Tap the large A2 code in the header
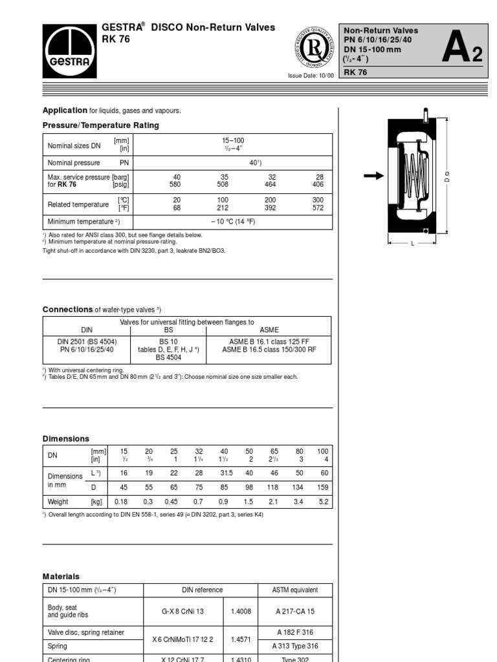pos(461,51)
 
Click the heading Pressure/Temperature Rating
pos(100,125)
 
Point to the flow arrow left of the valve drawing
pos(373,175)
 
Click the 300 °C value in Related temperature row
pos(318,200)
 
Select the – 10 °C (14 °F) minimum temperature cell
pos(233,221)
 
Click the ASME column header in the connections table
pos(269,330)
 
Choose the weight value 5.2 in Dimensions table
pos(323,501)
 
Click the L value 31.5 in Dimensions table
pos(225,473)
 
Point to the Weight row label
pos(58,501)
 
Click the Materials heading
pos(61,576)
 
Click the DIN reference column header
pos(201,590)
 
